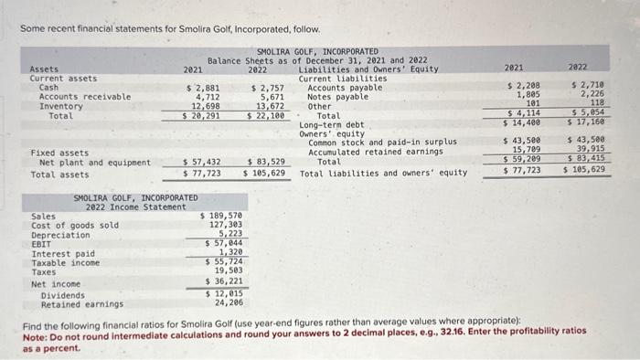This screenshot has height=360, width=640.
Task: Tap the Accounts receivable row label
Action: point(84,96)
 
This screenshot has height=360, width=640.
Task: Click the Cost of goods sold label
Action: point(75,225)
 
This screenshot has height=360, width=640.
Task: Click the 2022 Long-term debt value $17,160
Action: point(581,122)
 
